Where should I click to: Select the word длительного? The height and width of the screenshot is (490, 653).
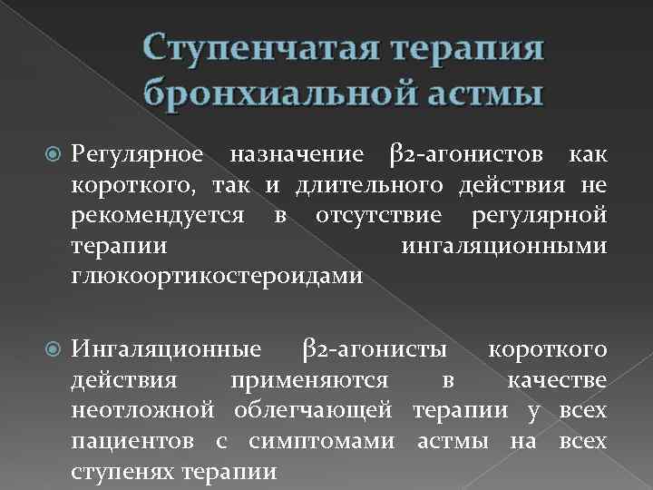click(382, 186)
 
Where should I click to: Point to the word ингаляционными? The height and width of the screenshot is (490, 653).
click(502, 246)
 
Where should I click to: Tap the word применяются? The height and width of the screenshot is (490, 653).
click(312, 380)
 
